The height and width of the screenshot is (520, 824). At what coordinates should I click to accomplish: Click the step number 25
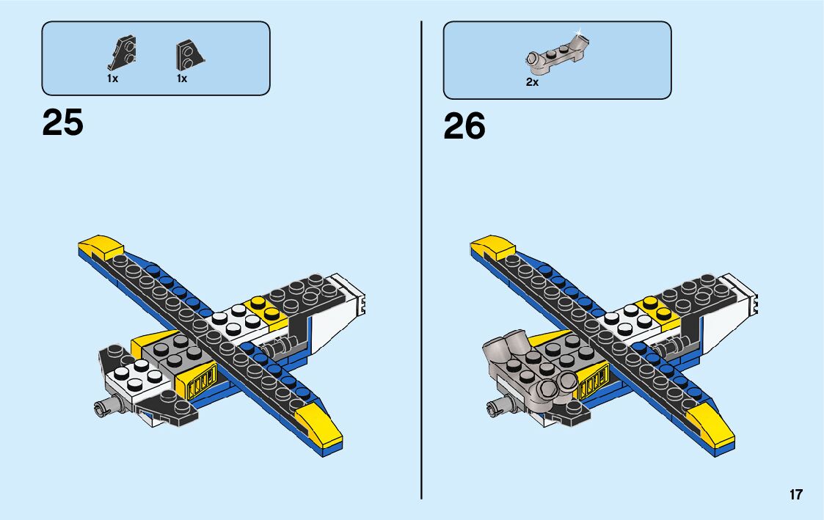tap(63, 122)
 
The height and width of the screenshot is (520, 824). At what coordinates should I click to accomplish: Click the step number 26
tap(464, 126)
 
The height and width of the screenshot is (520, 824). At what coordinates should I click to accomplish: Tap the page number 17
tap(796, 495)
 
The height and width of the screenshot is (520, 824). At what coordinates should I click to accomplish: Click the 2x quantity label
tap(532, 83)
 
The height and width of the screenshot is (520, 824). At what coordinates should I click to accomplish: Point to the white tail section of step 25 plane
tap(345, 301)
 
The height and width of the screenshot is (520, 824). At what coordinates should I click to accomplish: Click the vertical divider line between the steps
tap(421, 257)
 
